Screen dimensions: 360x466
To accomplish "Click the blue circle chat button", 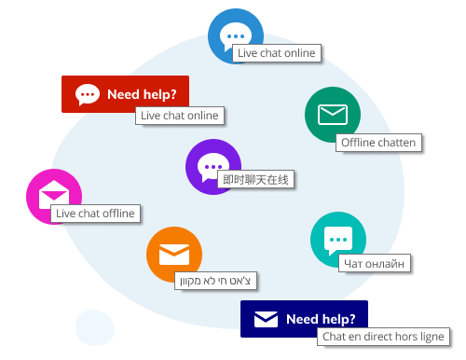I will (x=235, y=35).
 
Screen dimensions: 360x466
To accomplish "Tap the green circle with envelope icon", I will (x=333, y=115).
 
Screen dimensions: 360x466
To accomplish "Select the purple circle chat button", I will (x=213, y=167).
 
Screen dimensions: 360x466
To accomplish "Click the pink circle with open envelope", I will (x=53, y=196).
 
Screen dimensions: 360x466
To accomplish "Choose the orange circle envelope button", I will (x=174, y=254).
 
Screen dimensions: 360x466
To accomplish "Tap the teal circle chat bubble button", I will (x=337, y=240).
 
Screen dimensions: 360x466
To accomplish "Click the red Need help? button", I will (x=125, y=94).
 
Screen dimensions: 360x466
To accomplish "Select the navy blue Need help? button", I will (x=304, y=318).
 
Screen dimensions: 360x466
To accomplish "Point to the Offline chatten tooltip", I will (x=377, y=143).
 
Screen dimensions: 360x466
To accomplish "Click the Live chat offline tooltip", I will (x=94, y=214).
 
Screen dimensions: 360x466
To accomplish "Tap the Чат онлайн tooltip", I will (x=374, y=263).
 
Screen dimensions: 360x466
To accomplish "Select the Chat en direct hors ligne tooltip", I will (x=383, y=336).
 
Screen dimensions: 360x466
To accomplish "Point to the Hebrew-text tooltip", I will (x=216, y=280).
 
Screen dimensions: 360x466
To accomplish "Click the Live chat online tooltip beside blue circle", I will (x=276, y=53).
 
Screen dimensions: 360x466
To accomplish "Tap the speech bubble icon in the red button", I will (x=88, y=94).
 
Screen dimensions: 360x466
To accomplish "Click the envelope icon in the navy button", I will (x=267, y=319).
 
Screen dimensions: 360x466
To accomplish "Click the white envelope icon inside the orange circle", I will (x=174, y=254).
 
